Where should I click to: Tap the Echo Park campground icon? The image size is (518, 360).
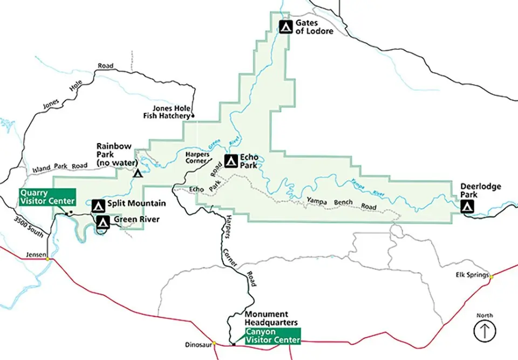coord(231,160)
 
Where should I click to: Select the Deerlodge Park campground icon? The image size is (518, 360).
coord(467,206)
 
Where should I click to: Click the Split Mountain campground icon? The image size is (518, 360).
coord(98,205)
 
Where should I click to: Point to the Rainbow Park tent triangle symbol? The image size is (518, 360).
coord(138,173)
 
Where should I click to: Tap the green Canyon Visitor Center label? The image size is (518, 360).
coord(272,336)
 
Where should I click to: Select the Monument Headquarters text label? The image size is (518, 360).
coord(270,318)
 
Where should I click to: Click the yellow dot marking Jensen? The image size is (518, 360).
coord(48,259)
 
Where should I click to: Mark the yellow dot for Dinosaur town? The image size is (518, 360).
coord(214,343)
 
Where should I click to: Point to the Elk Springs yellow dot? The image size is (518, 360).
coord(491,276)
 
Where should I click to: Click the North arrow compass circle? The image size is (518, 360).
coord(484,331)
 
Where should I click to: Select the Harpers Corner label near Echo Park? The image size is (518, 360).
coord(197,157)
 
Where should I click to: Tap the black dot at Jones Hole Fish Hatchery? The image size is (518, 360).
coord(193,116)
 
